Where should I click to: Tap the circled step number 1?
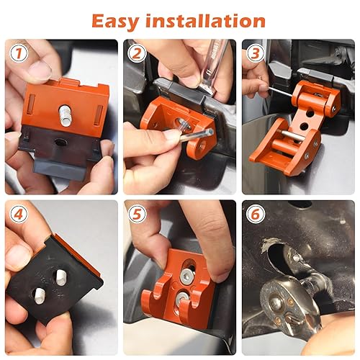tap(19, 53)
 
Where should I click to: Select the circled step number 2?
tap(137, 53)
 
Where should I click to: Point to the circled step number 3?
tap(255, 53)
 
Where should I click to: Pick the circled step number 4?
tap(19, 215)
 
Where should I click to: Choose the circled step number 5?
tap(137, 215)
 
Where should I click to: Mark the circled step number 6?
tap(255, 215)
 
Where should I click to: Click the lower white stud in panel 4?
tap(37, 293)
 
